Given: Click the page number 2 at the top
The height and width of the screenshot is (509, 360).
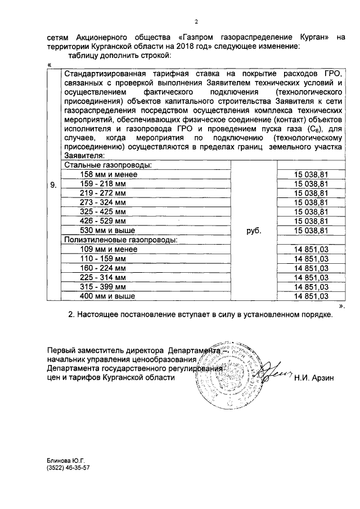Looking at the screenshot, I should click(196, 22).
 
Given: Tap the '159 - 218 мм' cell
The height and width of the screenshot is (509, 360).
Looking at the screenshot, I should click(101, 183).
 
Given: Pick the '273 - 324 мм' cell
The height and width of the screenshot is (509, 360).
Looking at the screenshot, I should click(101, 202).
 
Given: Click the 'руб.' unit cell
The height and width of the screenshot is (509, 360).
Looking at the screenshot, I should click(254, 230).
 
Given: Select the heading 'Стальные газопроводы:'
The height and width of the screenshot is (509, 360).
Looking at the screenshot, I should click(108, 165).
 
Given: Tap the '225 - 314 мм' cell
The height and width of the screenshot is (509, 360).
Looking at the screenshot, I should click(101, 277).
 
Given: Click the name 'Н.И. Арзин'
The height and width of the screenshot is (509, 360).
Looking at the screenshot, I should click(313, 378).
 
